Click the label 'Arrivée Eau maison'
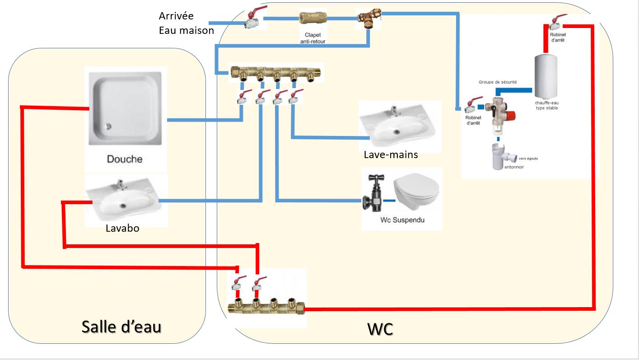coord(186,23)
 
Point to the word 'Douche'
coord(125,159)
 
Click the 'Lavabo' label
coord(122,228)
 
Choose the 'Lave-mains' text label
coord(391,155)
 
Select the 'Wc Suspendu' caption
coord(402,220)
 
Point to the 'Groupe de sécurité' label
coord(498,82)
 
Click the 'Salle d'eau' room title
coord(121,326)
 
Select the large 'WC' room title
coord(380,329)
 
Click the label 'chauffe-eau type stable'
coord(547,105)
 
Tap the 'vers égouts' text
coord(528,159)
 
